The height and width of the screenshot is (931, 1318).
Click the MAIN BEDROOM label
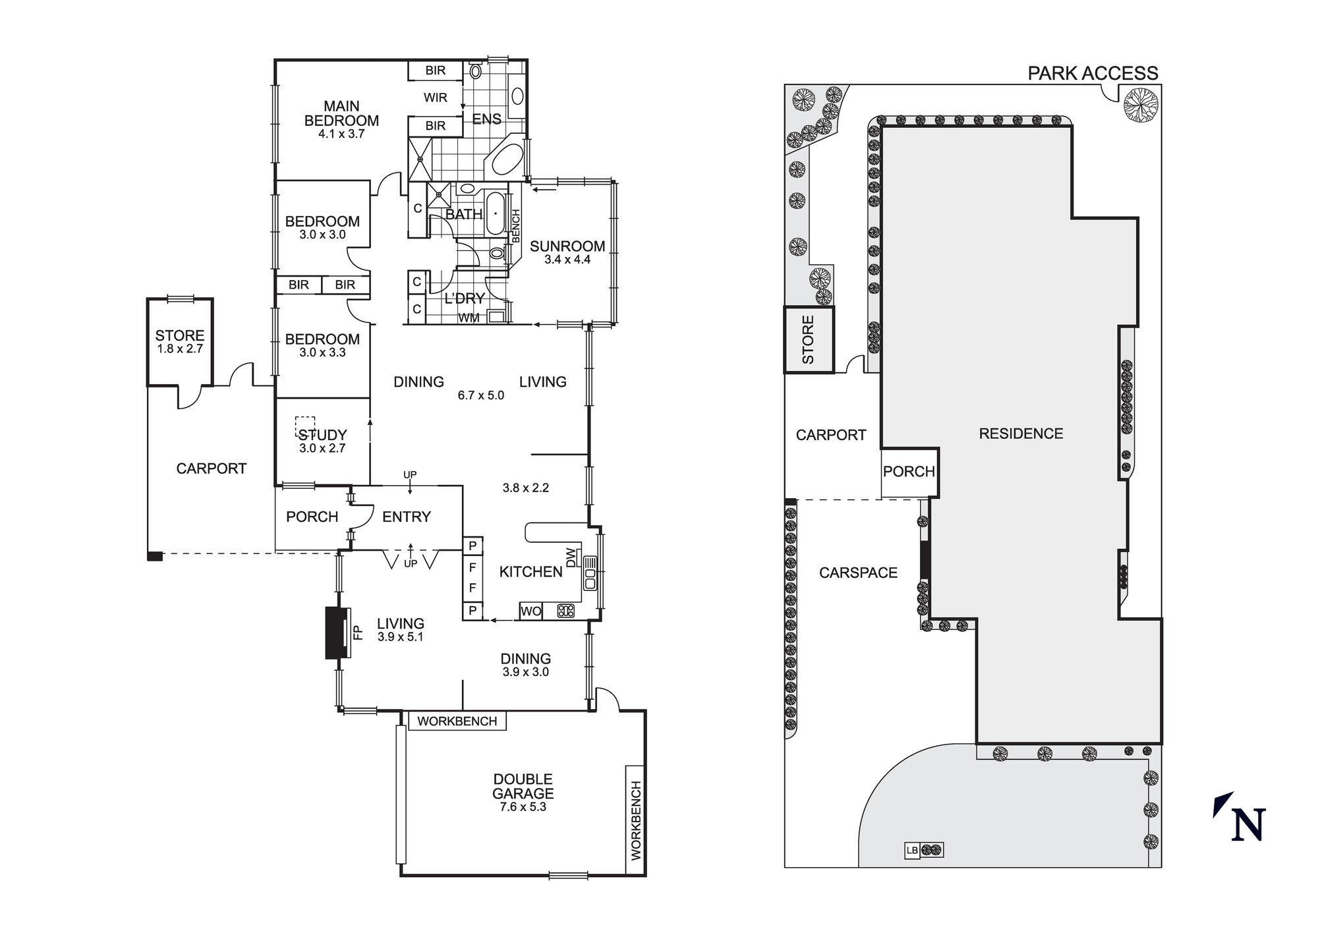click(x=341, y=113)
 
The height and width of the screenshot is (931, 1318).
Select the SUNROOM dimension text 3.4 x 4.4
click(x=567, y=260)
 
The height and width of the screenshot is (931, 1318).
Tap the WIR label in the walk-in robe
click(x=435, y=98)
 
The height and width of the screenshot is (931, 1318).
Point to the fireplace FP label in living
click(x=358, y=633)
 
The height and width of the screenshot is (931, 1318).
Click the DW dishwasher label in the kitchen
click(x=571, y=557)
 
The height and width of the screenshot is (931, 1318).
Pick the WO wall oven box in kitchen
click(x=530, y=611)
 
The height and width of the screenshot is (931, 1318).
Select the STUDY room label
click(x=322, y=435)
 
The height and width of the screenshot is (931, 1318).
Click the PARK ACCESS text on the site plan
click(x=1093, y=73)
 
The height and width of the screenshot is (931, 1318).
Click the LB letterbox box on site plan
click(x=912, y=851)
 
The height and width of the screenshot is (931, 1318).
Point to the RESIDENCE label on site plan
click(x=1021, y=434)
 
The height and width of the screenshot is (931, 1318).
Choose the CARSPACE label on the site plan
click(x=858, y=573)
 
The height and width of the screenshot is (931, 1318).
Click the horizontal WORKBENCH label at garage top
click(x=457, y=721)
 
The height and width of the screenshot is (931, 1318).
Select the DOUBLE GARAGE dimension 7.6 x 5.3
click(x=523, y=807)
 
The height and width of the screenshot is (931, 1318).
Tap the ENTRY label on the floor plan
click(x=406, y=517)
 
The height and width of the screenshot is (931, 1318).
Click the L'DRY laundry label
click(x=464, y=298)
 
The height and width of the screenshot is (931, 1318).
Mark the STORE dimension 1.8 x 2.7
click(x=180, y=349)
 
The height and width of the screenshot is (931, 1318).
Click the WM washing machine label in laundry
click(x=469, y=318)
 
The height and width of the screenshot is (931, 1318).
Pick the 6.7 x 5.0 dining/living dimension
click(x=480, y=395)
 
